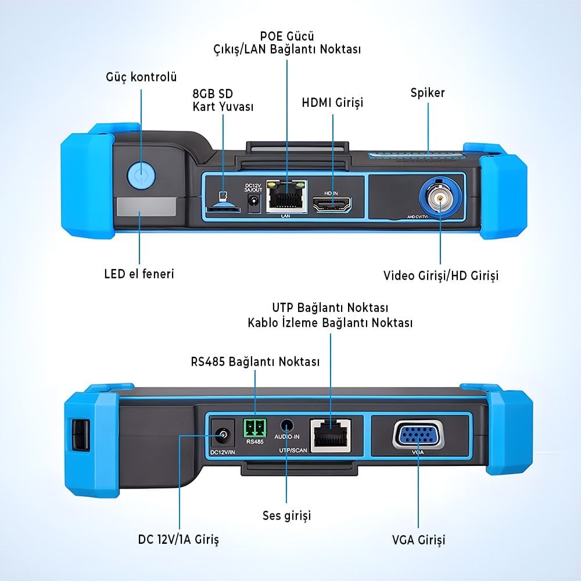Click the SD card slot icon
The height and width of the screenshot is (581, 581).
click(223, 200)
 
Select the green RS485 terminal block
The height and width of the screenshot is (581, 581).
click(254, 429)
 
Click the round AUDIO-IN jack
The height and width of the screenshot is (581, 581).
click(286, 425)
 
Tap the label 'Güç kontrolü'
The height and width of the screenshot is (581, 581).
click(141, 77)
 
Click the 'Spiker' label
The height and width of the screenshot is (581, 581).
click(428, 93)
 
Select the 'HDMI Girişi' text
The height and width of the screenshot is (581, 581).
click(332, 103)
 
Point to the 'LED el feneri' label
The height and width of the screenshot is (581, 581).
click(139, 273)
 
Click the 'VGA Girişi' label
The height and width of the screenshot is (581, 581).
click(418, 540)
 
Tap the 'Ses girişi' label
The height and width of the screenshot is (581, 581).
click(286, 515)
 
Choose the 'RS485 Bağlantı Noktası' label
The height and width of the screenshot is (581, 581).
click(255, 362)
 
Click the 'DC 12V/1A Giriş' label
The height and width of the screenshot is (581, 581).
click(179, 540)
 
